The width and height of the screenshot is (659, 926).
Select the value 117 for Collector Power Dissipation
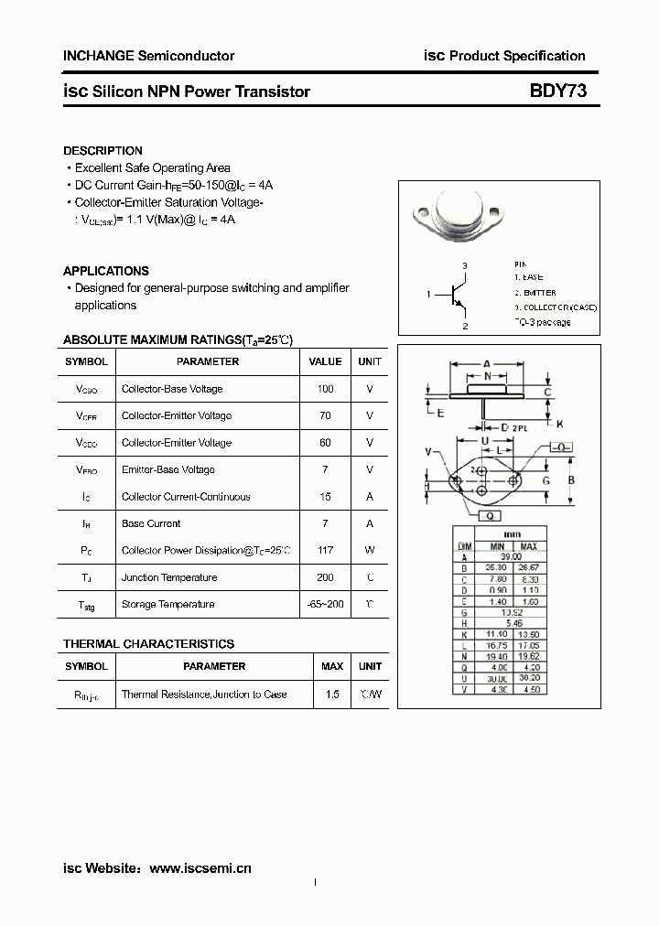(x=325, y=551)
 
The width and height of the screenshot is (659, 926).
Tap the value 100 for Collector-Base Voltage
(x=325, y=389)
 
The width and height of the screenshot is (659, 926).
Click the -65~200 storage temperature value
(x=325, y=605)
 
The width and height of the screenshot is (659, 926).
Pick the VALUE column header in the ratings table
(x=325, y=361)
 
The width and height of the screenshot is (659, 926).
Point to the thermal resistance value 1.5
(x=331, y=694)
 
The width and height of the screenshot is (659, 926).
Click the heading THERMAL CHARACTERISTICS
(x=148, y=644)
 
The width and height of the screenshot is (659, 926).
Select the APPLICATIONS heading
(x=105, y=271)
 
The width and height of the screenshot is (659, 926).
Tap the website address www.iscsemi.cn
(x=200, y=867)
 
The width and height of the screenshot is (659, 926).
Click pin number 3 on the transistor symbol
(x=465, y=266)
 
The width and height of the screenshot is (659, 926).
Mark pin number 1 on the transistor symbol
(x=428, y=295)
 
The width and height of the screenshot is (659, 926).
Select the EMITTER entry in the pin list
(x=536, y=293)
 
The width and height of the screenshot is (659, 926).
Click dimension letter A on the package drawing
(x=487, y=363)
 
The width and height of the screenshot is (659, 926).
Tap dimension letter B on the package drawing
(x=571, y=479)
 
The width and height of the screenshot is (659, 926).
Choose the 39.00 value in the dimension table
(x=510, y=556)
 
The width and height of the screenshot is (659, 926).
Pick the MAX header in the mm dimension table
(x=528, y=546)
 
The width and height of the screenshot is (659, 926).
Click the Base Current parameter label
(x=151, y=523)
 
